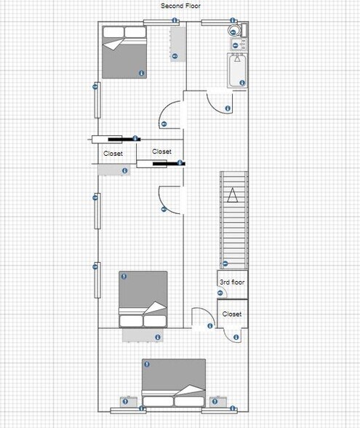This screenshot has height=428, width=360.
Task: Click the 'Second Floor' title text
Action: pyautogui.click(x=181, y=6)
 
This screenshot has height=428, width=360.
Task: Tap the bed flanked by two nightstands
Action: pyautogui.click(x=174, y=382)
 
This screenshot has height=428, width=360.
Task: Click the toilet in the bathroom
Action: pyautogui.click(x=233, y=31)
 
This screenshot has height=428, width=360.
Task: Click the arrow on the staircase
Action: pyautogui.click(x=233, y=194)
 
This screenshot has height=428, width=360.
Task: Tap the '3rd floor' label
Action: pyautogui.click(x=232, y=282)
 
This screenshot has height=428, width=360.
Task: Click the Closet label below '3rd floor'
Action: pyautogui.click(x=232, y=314)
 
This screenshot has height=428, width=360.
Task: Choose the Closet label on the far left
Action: pyautogui.click(x=113, y=154)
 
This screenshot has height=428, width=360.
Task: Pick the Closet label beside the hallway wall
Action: pyautogui.click(x=161, y=151)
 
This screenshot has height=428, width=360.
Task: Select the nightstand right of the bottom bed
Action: pyautogui.click(x=217, y=401)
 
